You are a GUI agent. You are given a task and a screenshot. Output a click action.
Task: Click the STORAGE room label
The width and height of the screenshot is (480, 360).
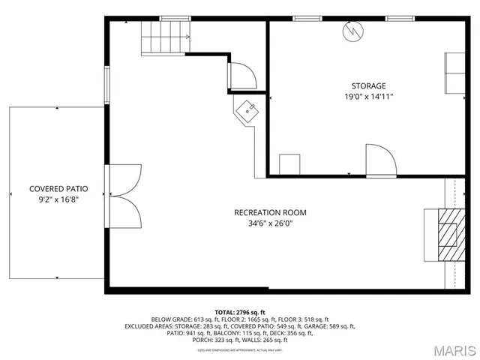pos(368,85)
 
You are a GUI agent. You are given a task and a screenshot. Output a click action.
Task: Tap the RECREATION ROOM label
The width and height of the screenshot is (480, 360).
pos(270,212)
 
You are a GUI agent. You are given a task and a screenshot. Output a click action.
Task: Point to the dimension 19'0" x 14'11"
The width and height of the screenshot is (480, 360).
pos(368,97)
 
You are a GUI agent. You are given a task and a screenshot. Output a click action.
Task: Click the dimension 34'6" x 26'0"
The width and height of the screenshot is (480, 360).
pos(270,223)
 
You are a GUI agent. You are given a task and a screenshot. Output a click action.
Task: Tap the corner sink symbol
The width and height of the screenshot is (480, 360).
pos(247,111)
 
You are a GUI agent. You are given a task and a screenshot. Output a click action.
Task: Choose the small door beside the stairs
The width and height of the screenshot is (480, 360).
pos(242,76)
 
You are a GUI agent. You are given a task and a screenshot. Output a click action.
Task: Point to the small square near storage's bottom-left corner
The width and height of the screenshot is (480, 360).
pos(289,164)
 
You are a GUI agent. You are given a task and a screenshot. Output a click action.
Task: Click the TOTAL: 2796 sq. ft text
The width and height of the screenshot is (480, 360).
pos(240,311)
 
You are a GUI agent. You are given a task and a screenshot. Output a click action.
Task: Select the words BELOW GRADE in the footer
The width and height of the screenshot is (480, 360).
pos(169,319)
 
